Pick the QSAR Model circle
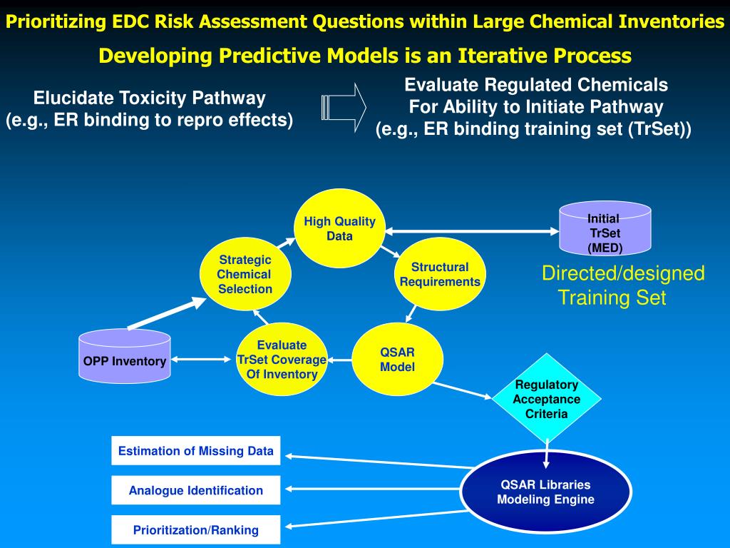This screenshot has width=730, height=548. click(x=397, y=360)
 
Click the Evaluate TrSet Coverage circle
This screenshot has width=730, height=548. click(x=282, y=360)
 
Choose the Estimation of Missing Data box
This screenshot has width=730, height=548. click(x=195, y=451)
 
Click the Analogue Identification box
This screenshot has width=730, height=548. click(x=195, y=490)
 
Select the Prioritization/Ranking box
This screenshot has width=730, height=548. click(x=195, y=530)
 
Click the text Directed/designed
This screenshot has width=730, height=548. click(x=623, y=273)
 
